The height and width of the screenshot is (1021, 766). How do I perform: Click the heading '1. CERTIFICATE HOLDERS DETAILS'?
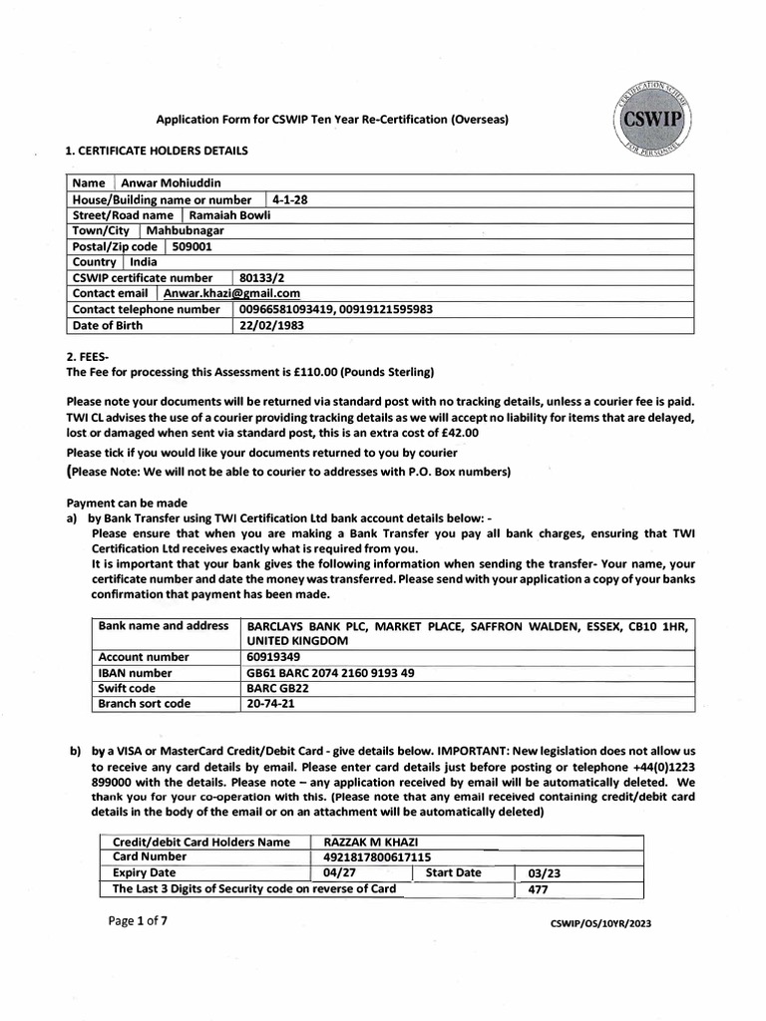point(157,151)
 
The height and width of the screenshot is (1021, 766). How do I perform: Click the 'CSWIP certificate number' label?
point(143,278)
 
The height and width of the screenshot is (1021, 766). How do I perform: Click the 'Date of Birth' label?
point(112,325)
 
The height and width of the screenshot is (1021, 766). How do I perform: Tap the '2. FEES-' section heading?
point(93,356)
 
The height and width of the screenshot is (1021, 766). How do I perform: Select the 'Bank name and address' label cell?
point(162,625)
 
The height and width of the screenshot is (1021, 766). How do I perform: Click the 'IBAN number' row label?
point(135,673)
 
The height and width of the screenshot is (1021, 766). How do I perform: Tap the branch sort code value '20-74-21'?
point(270,704)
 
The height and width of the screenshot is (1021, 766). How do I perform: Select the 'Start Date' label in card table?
point(453,872)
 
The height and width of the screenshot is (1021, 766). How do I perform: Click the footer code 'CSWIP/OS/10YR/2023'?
point(600,924)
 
